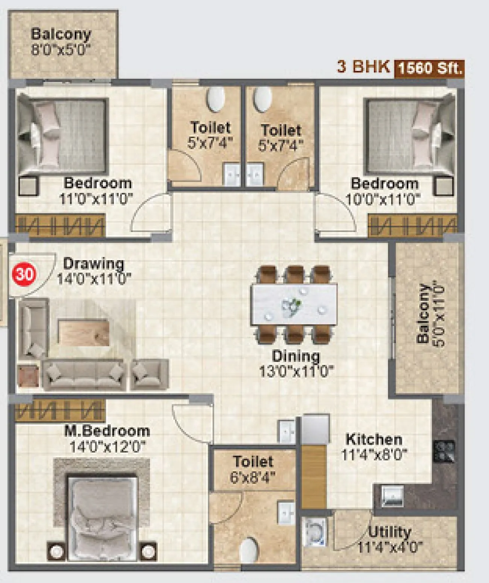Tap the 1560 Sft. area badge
429,69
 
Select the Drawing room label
93,263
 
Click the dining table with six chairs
294,304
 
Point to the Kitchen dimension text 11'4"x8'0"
374,455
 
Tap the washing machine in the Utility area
314,532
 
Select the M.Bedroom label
107,431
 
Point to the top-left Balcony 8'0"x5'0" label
61,42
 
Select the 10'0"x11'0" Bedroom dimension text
383,199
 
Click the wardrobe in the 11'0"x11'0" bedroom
60,226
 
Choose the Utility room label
389,532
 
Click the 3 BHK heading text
363,67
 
